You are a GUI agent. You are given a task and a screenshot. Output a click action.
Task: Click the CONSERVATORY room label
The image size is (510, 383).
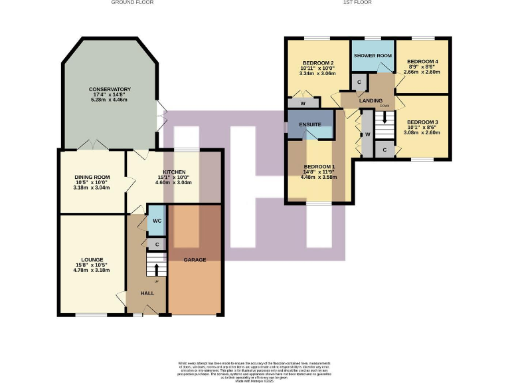tap(110, 89)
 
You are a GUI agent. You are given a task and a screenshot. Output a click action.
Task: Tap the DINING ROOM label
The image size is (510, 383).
tap(92, 177)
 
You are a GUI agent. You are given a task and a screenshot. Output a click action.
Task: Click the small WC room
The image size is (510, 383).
tap(157, 220)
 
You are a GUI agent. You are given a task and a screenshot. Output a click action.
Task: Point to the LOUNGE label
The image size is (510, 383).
tap(93, 259)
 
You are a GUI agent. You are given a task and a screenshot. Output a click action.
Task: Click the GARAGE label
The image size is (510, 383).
tap(195, 259)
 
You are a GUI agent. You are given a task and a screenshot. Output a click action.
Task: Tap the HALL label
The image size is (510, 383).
tap(147, 293)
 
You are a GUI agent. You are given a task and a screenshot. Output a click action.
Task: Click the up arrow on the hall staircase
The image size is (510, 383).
tap(157, 269)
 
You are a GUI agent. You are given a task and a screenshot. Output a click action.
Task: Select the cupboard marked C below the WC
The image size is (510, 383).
tap(157, 244)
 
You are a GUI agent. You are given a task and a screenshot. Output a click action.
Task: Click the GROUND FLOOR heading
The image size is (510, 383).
tap(133, 3)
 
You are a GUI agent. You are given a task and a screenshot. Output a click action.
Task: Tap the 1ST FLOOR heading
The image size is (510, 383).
tap(357, 3)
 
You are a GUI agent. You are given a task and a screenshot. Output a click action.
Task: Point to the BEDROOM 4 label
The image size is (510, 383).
tap(422, 61)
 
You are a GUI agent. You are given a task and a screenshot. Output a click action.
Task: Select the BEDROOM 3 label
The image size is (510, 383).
tap(422, 122)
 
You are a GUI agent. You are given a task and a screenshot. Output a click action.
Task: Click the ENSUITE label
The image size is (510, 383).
tap(310, 124)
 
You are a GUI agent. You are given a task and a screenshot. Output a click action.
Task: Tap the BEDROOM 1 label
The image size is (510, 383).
tap(319, 167)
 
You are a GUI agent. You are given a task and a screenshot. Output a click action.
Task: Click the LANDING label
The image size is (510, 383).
tap(371, 100)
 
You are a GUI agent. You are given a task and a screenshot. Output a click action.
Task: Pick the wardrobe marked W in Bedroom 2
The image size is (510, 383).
tap(302, 103)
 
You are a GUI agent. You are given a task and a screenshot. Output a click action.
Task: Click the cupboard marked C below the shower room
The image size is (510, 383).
tap(359, 82)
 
